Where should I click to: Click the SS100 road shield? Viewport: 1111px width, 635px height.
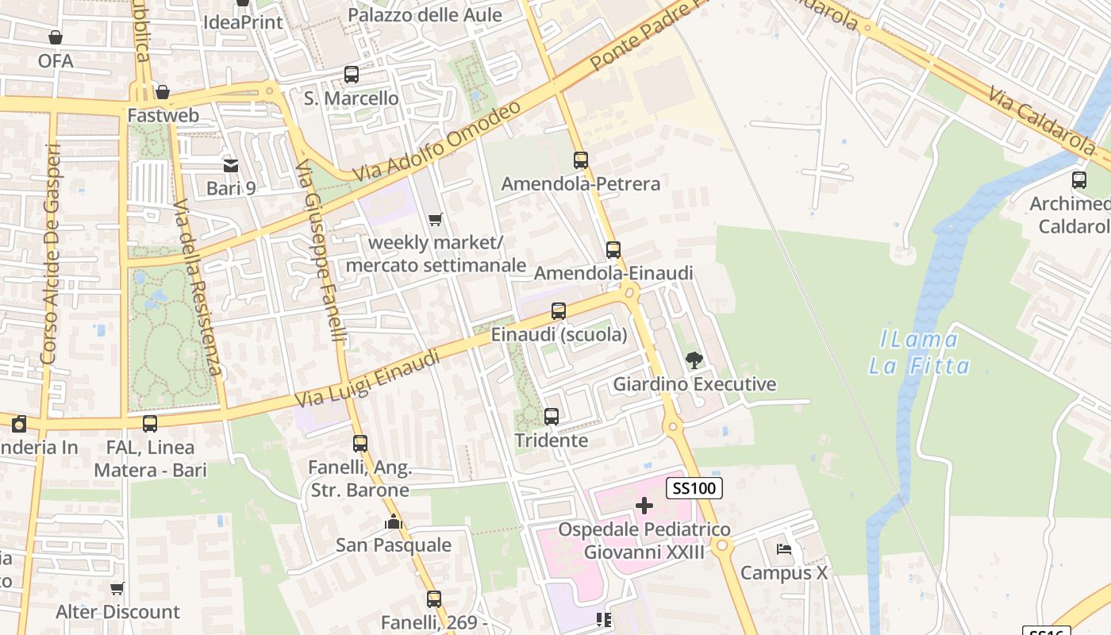(694, 488)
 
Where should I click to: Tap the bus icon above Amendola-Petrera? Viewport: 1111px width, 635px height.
(581, 160)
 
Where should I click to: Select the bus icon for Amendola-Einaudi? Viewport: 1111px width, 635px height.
(613, 250)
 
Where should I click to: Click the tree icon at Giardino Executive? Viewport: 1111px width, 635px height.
(694, 360)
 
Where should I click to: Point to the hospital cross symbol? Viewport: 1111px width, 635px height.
(644, 506)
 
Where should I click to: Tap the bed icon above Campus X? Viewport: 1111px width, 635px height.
(784, 549)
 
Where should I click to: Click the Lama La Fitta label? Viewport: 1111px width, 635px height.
(919, 353)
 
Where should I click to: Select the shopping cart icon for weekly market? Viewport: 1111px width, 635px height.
(435, 219)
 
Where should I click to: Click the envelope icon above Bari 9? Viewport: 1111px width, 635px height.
(230, 165)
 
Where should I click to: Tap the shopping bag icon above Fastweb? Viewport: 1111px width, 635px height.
(163, 92)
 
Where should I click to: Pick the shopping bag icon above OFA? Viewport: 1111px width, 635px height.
(55, 37)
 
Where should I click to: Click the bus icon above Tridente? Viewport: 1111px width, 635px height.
(551, 416)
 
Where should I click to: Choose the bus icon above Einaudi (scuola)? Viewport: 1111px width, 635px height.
(559, 311)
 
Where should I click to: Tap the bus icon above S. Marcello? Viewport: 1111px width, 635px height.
(352, 75)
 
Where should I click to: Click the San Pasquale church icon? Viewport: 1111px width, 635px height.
(393, 521)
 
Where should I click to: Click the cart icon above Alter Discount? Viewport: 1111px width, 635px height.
(117, 588)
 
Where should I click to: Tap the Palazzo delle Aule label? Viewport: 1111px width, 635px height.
(425, 15)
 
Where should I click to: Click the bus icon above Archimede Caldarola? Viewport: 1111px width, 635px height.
(1078, 180)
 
